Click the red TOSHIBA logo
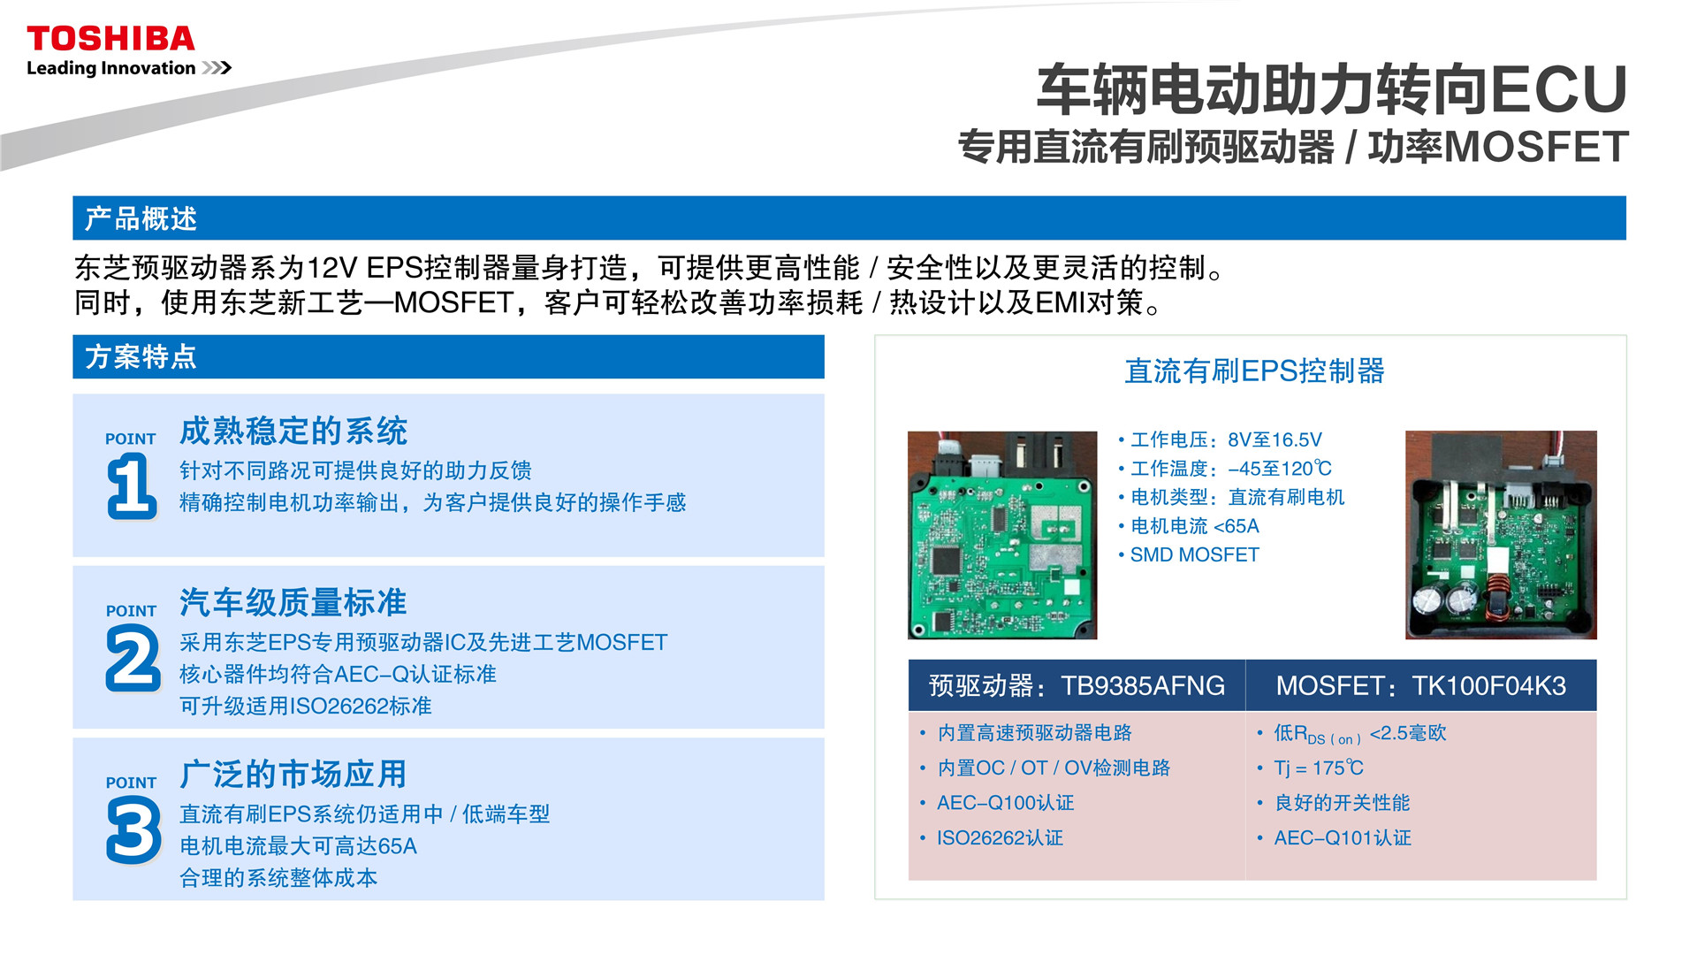(x=110, y=39)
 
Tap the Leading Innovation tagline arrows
(x=217, y=68)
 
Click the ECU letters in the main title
(x=1559, y=89)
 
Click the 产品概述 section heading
(x=141, y=218)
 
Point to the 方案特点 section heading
(x=141, y=356)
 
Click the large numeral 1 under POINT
(x=132, y=485)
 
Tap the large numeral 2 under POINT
(x=133, y=658)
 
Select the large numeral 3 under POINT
(x=133, y=829)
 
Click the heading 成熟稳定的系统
(x=293, y=431)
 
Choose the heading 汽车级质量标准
(x=293, y=602)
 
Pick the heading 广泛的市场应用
(x=293, y=774)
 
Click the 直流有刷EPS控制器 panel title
(x=1254, y=371)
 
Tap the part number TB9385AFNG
(x=1143, y=685)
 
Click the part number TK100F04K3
(x=1488, y=685)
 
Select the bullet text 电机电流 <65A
(x=1195, y=526)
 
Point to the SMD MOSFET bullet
(x=1194, y=554)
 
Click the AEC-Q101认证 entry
(x=1343, y=837)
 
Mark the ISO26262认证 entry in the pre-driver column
(x=1000, y=837)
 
